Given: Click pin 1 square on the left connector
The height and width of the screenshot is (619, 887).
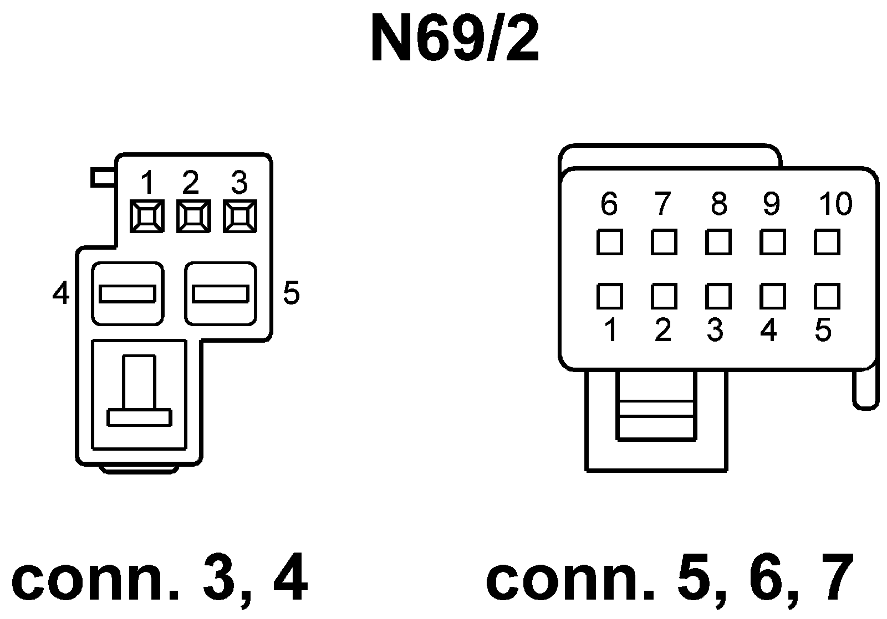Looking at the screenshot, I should pos(146,216).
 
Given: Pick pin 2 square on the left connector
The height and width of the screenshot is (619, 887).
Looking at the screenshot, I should pos(193,216).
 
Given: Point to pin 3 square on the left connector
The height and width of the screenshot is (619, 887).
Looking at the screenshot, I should pos(239,216).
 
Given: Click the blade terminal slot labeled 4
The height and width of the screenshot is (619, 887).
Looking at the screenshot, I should pos(127,293).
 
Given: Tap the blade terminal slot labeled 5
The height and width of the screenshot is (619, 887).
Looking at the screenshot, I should pos(220,293).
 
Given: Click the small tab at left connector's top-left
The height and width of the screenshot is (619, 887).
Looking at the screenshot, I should pos(103,178).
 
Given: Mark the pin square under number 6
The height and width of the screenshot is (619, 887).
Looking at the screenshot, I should pos(609,242).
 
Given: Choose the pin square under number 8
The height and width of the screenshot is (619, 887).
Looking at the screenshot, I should pos(718,242).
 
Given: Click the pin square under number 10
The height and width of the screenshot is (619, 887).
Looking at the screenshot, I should pos(827,242).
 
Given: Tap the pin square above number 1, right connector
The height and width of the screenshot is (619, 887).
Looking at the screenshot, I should pos(609,296).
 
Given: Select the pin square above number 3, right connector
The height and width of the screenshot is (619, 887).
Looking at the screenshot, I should pos(718,296).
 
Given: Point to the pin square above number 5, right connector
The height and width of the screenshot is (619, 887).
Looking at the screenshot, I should pos(827,296).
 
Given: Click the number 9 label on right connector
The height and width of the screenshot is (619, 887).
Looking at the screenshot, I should pos(771,204).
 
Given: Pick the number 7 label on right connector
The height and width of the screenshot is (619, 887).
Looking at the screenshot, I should pos(663,204).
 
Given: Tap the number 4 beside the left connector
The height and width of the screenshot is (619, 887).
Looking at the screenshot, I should pos(61,293).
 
